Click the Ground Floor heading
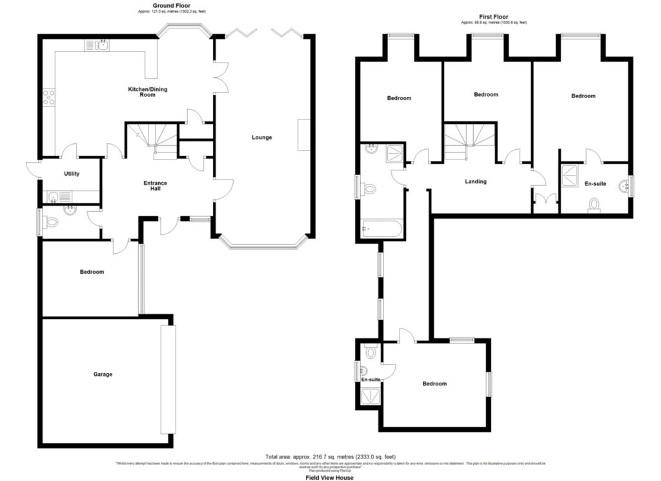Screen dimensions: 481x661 158,5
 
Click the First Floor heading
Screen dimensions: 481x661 493,17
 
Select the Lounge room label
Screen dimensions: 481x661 262,138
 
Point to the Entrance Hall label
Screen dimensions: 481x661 155,186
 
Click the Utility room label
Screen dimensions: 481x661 71,174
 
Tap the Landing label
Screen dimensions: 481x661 476,181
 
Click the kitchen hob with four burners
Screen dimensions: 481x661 48,97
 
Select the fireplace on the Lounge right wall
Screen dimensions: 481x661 301,134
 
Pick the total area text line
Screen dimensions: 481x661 330,456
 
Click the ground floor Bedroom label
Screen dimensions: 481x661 92,272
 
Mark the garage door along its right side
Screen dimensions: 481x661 168,379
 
